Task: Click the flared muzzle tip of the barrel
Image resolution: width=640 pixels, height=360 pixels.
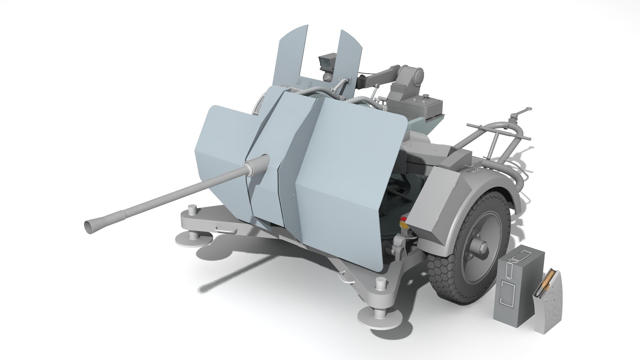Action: point(89,226)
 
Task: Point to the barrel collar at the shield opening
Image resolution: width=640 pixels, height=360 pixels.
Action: point(257,166)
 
